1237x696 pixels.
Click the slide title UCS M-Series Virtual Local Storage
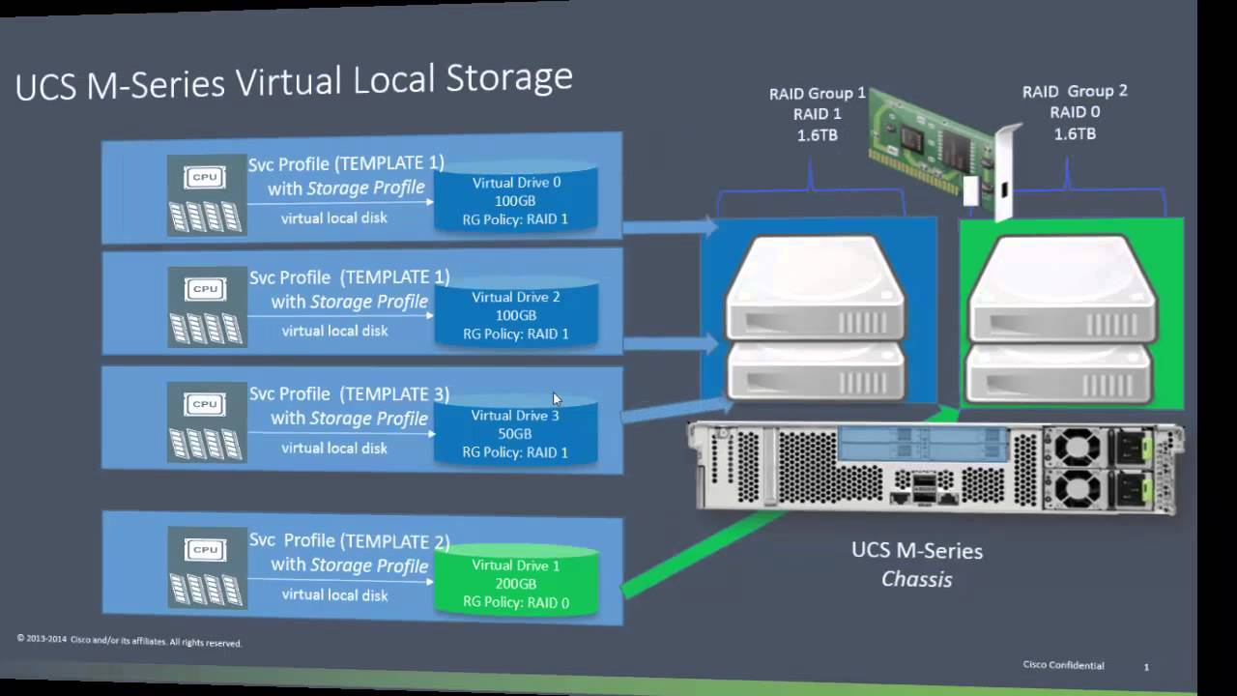294,81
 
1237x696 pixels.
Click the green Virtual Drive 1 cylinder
515,582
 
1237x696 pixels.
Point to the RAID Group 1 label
817,114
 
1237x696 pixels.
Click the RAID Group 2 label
1075,112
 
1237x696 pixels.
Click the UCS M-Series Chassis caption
916,565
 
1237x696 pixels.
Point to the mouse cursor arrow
557,398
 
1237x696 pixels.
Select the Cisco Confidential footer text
1063,665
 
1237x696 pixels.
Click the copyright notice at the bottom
129,641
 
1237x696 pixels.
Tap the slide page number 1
1146,667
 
